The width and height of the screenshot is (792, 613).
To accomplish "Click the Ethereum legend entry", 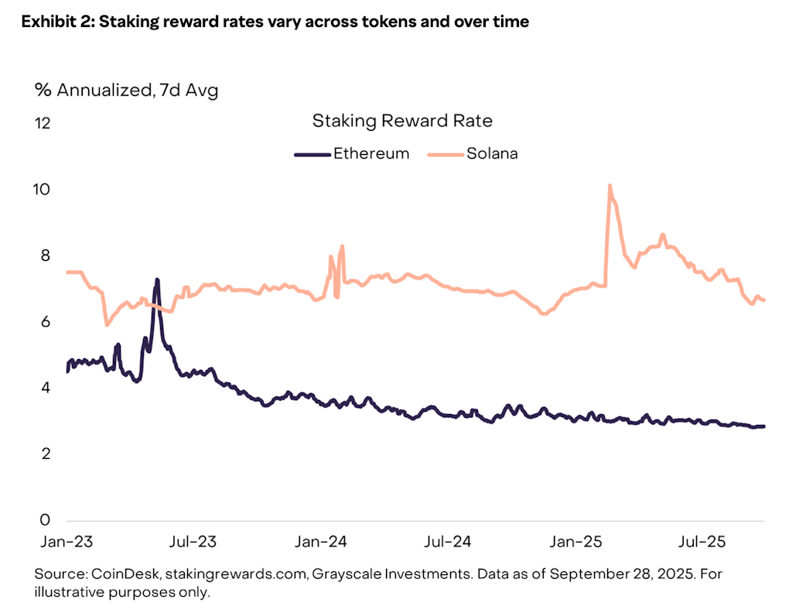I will tap(370, 153).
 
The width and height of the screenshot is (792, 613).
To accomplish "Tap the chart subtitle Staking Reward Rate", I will tap(402, 121).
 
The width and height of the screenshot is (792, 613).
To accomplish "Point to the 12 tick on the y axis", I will tap(43, 123).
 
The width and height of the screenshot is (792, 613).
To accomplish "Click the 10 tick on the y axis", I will tap(43, 190).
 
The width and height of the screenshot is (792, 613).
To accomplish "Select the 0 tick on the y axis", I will tap(45, 519).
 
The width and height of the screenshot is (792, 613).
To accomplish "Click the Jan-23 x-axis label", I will tap(67, 542).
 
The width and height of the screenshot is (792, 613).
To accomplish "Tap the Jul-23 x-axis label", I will tap(193, 542).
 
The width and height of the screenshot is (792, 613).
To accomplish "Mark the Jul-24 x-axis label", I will tap(445, 542).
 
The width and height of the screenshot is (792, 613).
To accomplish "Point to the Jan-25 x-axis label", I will tap(574, 542).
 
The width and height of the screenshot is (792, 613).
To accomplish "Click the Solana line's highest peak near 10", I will tap(610, 186).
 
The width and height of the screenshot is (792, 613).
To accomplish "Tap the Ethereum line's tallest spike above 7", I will tap(157, 280).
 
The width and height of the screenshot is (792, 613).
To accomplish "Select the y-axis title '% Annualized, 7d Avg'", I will tap(126, 90).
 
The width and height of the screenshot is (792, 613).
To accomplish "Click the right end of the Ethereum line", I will tap(764, 426).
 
